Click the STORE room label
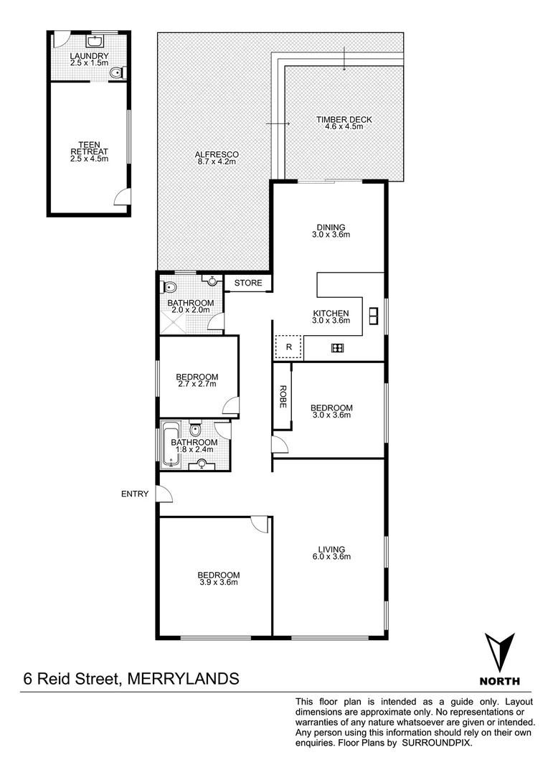(x=249, y=283)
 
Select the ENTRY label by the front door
(x=135, y=494)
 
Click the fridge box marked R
(x=288, y=347)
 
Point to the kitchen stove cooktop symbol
(x=336, y=348)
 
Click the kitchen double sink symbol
(x=373, y=315)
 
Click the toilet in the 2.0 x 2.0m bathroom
(x=170, y=288)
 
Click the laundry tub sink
(x=95, y=42)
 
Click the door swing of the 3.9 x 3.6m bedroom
(x=259, y=525)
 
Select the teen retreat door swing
(x=123, y=196)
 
